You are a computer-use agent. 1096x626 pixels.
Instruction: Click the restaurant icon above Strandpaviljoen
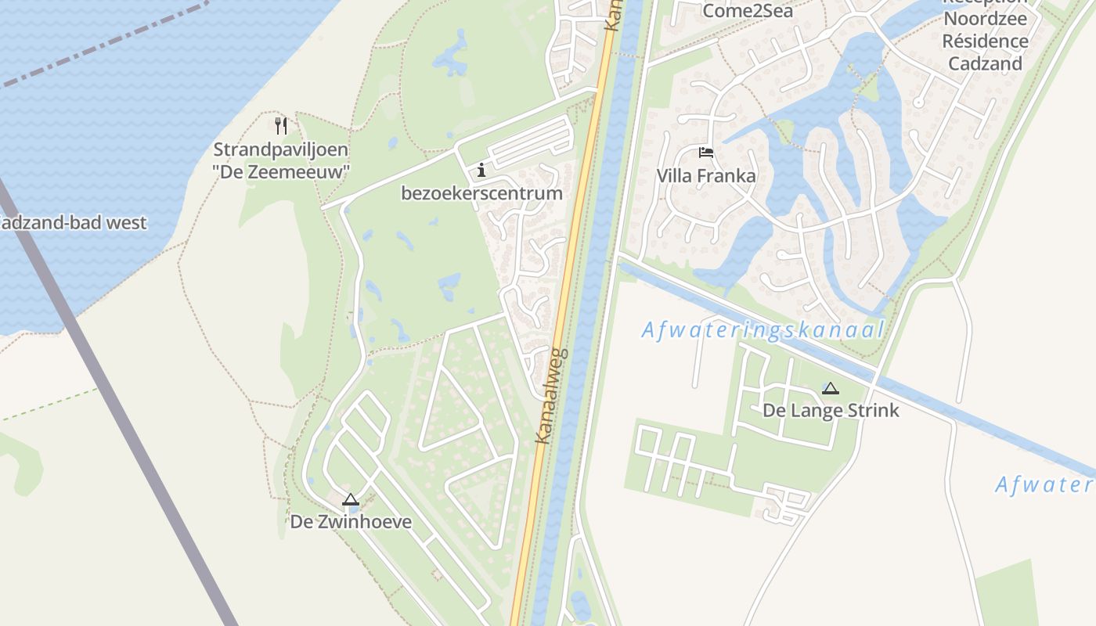tap(282, 125)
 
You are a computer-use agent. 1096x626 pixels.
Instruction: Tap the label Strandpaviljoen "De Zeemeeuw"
tap(281, 160)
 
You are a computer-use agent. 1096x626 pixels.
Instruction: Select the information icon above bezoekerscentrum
tap(481, 170)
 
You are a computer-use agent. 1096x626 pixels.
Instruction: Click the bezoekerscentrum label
tap(481, 193)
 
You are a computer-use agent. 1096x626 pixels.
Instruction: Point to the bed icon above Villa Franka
tap(706, 153)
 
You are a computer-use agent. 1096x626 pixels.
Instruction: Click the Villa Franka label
tap(706, 175)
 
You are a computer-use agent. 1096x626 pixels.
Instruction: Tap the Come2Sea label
tap(748, 11)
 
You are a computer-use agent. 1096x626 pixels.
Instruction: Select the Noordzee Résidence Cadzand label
tap(985, 41)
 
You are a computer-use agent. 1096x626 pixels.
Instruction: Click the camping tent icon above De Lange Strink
tap(831, 388)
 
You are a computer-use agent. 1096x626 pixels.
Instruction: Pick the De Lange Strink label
tap(831, 410)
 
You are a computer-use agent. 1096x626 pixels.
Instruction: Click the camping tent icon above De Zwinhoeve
tap(350, 499)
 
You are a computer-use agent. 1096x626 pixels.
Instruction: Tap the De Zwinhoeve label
tap(351, 521)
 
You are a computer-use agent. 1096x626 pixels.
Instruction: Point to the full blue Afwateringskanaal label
tap(763, 329)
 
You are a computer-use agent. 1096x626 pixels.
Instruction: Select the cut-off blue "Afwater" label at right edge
tap(1044, 484)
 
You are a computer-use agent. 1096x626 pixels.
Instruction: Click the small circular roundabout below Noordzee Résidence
tap(919, 102)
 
